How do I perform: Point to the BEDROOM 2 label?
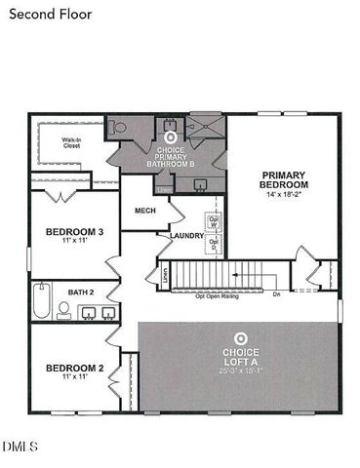(x=74, y=368)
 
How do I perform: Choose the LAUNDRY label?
(x=185, y=235)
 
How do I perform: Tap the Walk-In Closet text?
(x=71, y=143)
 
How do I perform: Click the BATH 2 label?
(x=81, y=292)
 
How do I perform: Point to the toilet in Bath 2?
(x=63, y=309)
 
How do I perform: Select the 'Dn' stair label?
(x=277, y=293)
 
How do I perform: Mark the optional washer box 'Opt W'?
(x=213, y=221)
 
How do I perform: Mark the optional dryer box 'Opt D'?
(x=213, y=247)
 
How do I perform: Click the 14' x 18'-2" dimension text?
(x=284, y=195)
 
